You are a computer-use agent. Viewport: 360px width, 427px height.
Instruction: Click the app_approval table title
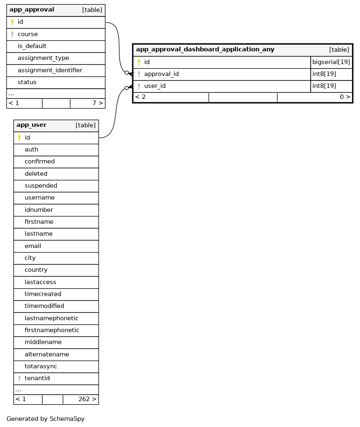[x=32, y=10]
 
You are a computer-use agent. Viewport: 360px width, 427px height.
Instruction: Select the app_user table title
[x=31, y=125]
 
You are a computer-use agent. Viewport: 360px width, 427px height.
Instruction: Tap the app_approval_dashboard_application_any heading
[x=205, y=50]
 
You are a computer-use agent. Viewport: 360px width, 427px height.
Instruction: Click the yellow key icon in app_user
[x=19, y=138]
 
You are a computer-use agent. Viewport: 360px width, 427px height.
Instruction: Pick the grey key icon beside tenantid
[x=19, y=379]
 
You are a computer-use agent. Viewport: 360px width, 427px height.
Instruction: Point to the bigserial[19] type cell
[x=331, y=62]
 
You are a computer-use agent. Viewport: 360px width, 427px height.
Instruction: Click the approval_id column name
[x=162, y=74]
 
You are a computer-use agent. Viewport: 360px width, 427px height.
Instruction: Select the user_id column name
[x=155, y=86]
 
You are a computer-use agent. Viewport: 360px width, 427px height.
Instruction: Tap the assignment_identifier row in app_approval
[x=50, y=70]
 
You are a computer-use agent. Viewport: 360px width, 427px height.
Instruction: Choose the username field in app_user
[x=39, y=198]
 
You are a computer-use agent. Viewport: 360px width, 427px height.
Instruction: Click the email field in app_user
[x=33, y=246]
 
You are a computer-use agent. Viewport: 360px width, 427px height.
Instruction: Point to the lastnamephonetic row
[x=51, y=318]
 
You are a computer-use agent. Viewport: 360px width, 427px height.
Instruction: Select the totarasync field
[x=41, y=366]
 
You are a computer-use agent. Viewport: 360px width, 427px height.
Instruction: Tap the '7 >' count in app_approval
[x=97, y=103]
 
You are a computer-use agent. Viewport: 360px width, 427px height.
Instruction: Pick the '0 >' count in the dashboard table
[x=345, y=97]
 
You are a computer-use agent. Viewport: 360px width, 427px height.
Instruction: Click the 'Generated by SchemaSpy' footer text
[x=46, y=419]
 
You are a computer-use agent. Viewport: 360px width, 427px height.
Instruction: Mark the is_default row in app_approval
[x=32, y=46]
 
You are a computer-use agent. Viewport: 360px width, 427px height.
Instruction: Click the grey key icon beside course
[x=12, y=34]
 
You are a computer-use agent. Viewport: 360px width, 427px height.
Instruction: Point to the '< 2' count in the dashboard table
[x=141, y=97]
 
